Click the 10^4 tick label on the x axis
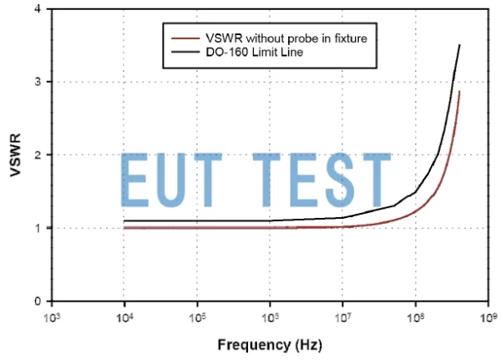(124, 317)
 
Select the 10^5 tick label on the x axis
(196, 317)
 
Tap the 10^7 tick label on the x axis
(342, 317)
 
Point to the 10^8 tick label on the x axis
(415, 317)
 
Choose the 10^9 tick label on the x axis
(488, 317)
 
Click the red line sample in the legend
(185, 38)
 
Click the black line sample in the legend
(185, 52)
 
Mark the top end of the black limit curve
(460, 45)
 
